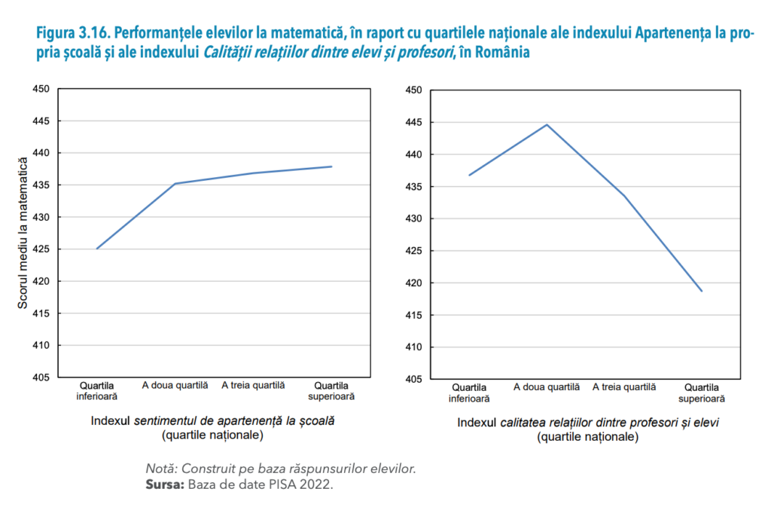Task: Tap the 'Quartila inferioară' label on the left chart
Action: (x=96, y=390)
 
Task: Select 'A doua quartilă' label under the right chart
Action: (x=547, y=386)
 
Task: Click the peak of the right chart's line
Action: (x=547, y=124)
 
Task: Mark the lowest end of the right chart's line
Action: (x=702, y=291)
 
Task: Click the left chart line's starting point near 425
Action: (x=96, y=249)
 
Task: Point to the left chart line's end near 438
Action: (x=331, y=166)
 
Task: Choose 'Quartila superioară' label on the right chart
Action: (x=702, y=392)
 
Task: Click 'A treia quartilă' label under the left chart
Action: (x=253, y=385)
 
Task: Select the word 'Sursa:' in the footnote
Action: (x=164, y=484)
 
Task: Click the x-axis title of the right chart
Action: (x=587, y=429)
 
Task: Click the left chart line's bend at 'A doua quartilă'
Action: (x=175, y=183)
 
